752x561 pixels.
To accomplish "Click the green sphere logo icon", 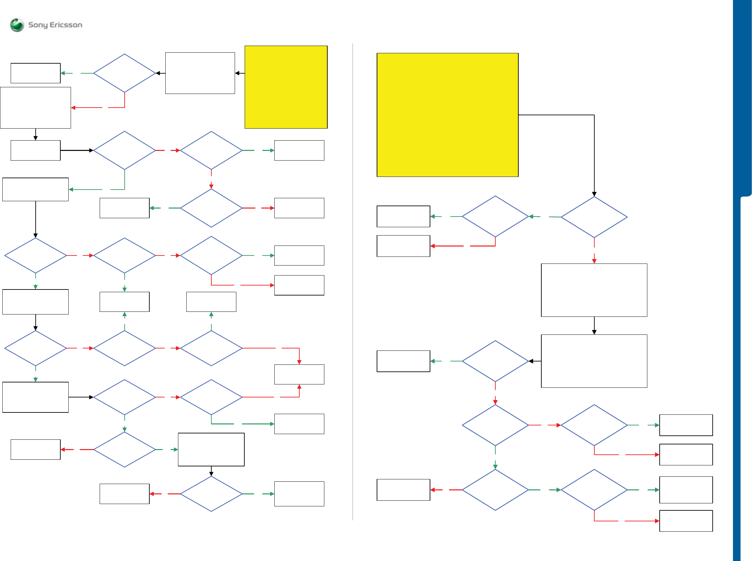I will [x=17, y=25].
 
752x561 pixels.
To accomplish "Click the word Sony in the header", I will [x=38, y=25].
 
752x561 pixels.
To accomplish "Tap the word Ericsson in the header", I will [x=66, y=25].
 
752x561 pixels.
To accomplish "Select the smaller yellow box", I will [x=286, y=87].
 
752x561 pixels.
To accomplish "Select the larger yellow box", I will [x=447, y=115].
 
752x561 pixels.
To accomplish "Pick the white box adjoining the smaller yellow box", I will [x=200, y=73].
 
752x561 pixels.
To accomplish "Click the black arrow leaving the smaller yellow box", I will [x=240, y=73].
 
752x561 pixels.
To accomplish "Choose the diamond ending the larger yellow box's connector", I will [x=594, y=217].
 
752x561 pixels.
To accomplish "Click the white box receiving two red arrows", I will [x=299, y=374].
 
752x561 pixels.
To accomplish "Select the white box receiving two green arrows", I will [x=124, y=301].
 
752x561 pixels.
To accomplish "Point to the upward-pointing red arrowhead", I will [x=299, y=387].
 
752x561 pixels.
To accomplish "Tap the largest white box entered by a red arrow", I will [x=594, y=290].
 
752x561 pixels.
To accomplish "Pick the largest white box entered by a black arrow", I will [x=594, y=361].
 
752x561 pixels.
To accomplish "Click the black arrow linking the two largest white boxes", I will [x=594, y=326].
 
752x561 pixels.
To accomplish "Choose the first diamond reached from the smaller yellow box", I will [x=124, y=73].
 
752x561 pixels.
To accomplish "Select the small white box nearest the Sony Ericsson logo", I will [x=35, y=73].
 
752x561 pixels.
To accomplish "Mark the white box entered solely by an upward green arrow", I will [x=211, y=301].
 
